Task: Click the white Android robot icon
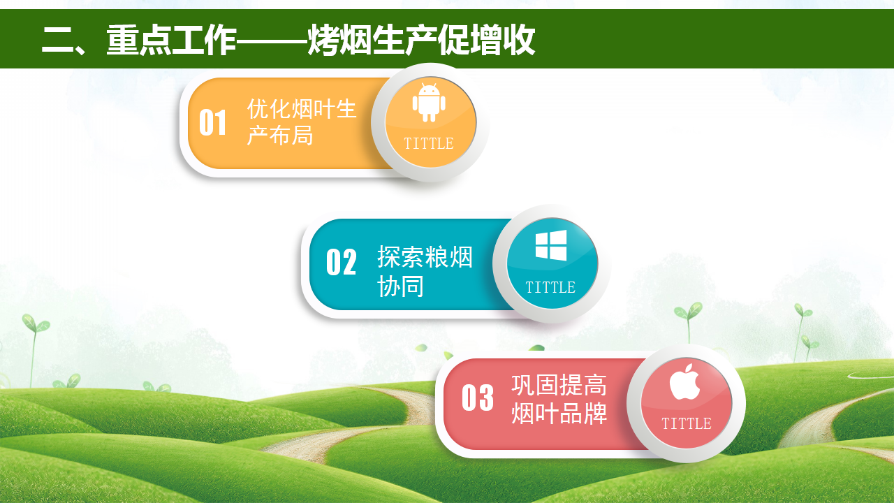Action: pos(429,103)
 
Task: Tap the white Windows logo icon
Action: pos(551,245)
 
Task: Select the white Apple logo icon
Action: pos(684,381)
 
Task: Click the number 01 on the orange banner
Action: pos(213,122)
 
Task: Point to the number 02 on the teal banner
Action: pos(342,262)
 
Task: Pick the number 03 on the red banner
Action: pos(477,398)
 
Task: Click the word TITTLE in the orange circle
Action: pos(429,143)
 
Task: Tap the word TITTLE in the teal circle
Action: pos(550,287)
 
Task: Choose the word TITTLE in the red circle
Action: pos(687,423)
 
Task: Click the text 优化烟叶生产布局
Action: pos(302,122)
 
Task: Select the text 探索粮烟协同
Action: pos(425,271)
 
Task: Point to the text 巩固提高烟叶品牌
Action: pos(559,399)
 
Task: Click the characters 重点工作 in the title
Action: pos(172,40)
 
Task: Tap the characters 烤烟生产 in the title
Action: pos(372,40)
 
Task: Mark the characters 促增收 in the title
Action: pos(486,40)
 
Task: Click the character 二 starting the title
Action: pos(57,40)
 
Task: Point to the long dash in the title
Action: pos(272,41)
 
